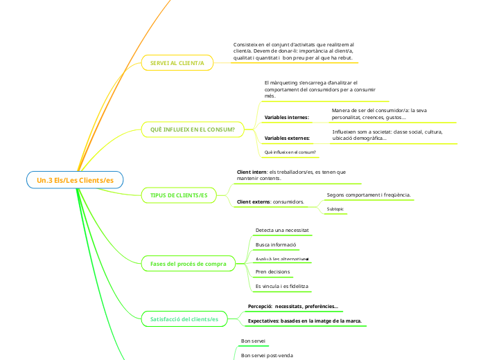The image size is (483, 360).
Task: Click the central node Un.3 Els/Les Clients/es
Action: (75, 180)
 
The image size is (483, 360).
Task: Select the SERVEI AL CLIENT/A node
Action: (177, 63)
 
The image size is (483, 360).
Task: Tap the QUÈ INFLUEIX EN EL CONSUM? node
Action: (192, 129)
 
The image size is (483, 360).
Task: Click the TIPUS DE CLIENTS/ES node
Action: (179, 196)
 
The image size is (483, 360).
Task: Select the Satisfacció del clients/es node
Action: (184, 319)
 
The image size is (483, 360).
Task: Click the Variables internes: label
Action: (287, 118)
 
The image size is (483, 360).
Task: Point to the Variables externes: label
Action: (288, 138)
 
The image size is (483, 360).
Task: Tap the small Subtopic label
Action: (335, 208)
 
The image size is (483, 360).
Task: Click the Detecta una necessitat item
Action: (281, 230)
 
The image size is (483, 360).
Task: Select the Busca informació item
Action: (276, 245)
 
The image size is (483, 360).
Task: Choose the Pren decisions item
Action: (272, 272)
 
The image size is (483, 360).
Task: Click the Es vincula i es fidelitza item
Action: (282, 286)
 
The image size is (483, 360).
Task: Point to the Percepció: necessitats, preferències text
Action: (293, 306)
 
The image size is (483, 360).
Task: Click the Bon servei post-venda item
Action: (267, 355)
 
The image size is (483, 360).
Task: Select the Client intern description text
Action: (291, 174)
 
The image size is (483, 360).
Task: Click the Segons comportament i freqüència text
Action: (368, 195)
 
